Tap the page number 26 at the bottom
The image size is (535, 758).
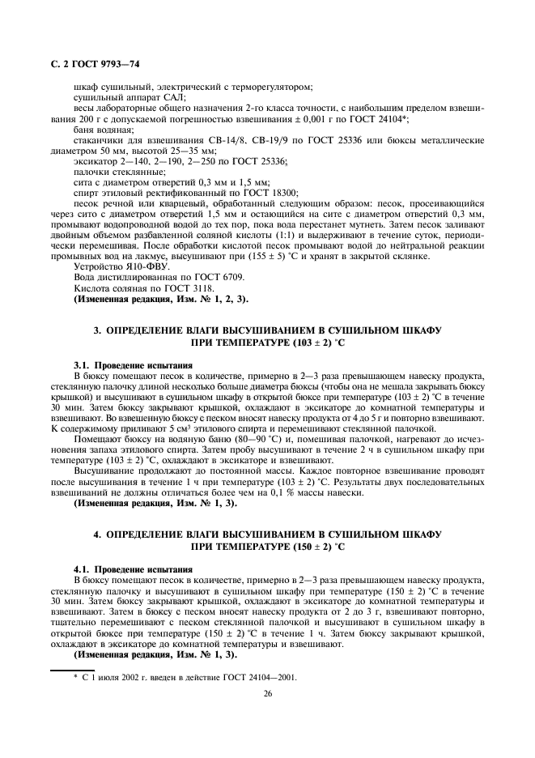click(266, 692)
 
